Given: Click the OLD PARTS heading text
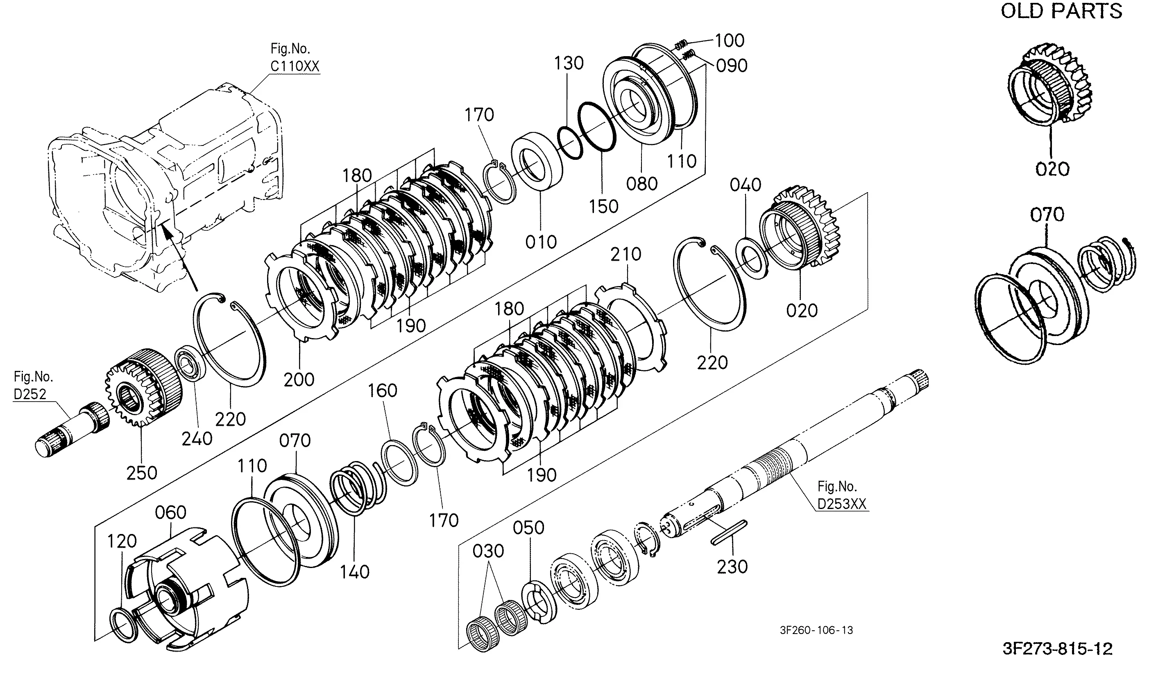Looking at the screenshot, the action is tap(1061, 11).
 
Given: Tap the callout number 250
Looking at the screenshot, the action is tap(142, 473).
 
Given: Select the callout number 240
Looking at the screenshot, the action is tap(197, 439).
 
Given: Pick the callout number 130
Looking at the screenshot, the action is tap(569, 63).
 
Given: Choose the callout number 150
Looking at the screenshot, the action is tap(603, 206).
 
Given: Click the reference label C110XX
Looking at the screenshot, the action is tap(295, 66).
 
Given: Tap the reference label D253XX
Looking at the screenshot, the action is tap(842, 504).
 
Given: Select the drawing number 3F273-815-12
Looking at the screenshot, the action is tap(1058, 649).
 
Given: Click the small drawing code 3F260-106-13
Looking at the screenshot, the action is tap(817, 630).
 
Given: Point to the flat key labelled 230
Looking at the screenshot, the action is tap(729, 532).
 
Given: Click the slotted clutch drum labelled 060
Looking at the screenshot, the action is tap(189, 588).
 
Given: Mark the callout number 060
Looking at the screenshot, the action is tap(170, 513).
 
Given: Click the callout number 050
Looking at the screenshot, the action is tap(528, 528).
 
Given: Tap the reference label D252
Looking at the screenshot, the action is tap(30, 394).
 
